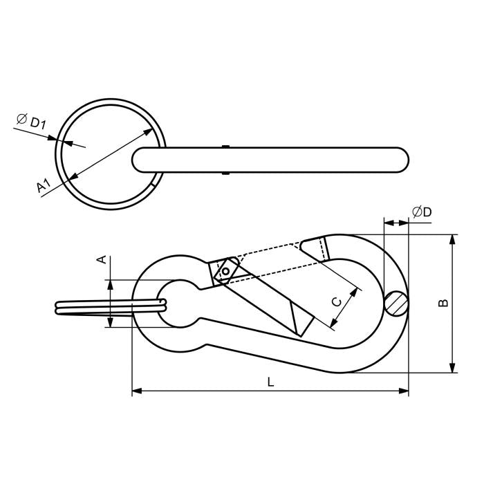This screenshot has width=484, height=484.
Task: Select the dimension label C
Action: (x=335, y=301)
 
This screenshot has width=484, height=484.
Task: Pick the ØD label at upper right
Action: (x=421, y=212)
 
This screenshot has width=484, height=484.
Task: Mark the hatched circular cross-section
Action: (x=397, y=302)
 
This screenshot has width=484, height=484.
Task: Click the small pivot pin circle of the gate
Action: (x=225, y=272)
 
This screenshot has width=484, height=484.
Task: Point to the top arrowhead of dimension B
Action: (x=453, y=239)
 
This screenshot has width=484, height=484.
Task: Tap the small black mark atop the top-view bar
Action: (x=225, y=147)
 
